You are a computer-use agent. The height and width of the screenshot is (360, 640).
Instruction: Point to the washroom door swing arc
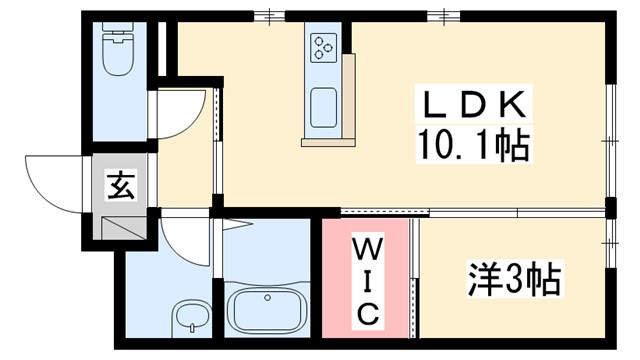click(185, 240)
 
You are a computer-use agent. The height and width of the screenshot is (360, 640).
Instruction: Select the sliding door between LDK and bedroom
click(470, 212)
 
